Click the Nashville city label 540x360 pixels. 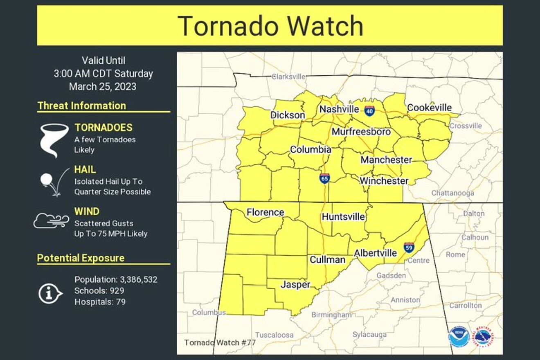tap(339, 109)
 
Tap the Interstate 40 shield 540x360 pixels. tap(369, 110)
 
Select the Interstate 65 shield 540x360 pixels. tap(324, 178)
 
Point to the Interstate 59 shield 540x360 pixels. tap(408, 247)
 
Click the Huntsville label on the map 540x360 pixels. tap(343, 216)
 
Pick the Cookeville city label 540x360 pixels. tap(429, 108)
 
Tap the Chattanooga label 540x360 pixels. tap(453, 193)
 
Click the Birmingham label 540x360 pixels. tap(331, 315)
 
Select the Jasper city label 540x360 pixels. tap(295, 284)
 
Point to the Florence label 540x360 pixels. tap(265, 212)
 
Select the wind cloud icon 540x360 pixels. tap(51, 221)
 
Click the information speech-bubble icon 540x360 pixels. tap(50, 293)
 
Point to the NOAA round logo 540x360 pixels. tap(459, 337)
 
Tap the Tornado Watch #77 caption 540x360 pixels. tap(220, 342)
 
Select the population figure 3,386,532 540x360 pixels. tap(139, 279)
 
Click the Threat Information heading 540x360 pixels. tap(82, 106)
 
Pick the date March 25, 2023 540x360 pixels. tap(103, 87)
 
